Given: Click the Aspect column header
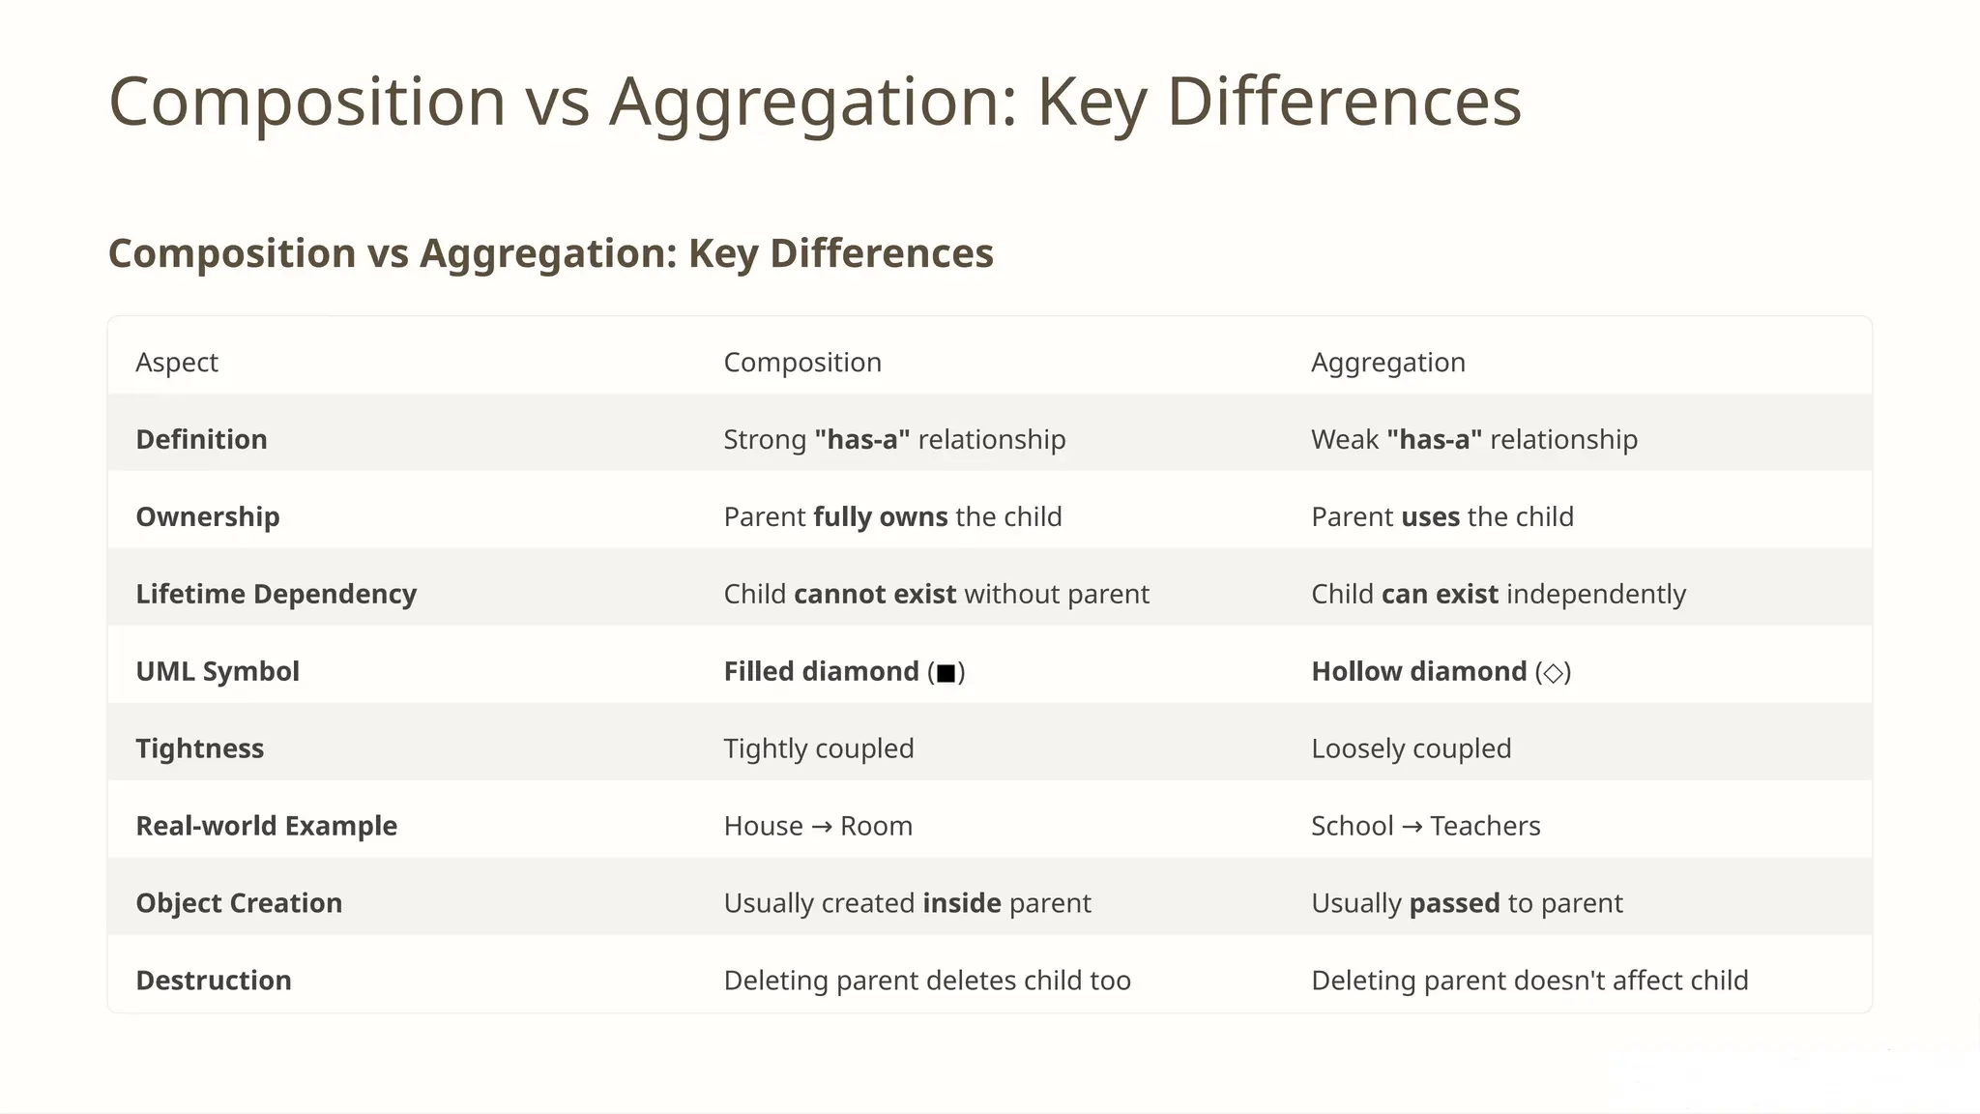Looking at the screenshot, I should pos(177,362).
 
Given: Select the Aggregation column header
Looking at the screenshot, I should pos(1387,362).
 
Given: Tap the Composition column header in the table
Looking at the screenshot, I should pos(802,362).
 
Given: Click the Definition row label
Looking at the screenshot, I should pos(201,439).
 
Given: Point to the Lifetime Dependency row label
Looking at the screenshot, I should pos(276,594).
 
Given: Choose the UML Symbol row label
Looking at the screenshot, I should pos(218,671).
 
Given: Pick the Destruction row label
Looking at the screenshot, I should pos(213,981).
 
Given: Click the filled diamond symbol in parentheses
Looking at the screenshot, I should pos(946,673).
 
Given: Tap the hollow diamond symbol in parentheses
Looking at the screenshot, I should pos(1553,673).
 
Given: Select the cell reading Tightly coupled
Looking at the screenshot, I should pos(818,748).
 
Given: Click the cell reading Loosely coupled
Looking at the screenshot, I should pos(1411,748).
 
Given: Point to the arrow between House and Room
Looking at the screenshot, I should pos(821,827).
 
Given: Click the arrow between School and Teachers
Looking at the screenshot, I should pos(1412,827).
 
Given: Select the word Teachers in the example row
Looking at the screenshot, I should pos(1485,826).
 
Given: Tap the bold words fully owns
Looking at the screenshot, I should pos(880,516).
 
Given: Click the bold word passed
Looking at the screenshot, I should pos(1454,903).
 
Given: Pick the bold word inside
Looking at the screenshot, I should pos(961,903).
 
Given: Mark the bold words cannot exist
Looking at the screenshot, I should pos(874,594).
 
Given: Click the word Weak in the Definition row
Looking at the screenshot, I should pos(1344,439).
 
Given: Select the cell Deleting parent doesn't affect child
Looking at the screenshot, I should pos(1529,981).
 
